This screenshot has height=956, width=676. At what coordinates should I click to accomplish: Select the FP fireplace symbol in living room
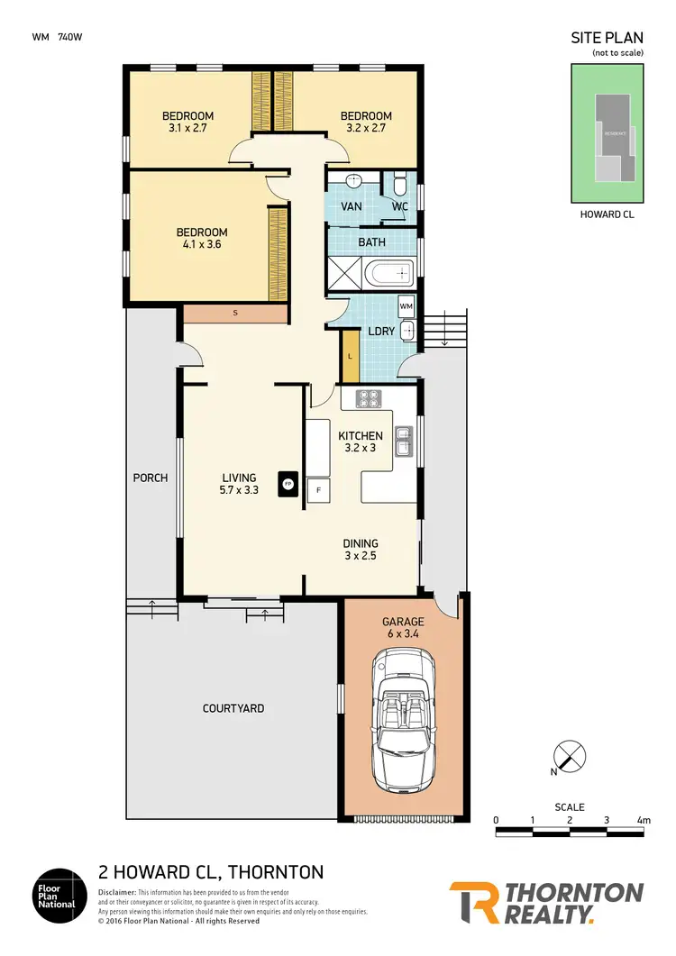288,483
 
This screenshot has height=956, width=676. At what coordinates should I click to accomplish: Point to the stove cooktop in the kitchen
370,397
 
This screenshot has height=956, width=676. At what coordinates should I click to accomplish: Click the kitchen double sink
405,441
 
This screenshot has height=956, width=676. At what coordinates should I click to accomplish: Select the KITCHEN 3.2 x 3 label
361,442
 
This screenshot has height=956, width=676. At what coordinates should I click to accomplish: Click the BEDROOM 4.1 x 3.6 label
202,238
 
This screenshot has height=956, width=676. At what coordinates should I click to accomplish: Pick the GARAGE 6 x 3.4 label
403,628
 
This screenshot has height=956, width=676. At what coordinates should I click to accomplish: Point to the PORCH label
150,478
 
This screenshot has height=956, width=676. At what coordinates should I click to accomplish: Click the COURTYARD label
233,708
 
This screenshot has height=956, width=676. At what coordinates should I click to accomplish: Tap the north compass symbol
568,755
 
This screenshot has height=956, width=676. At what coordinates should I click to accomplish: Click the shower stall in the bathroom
344,271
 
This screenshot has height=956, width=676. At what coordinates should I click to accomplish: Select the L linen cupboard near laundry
350,356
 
